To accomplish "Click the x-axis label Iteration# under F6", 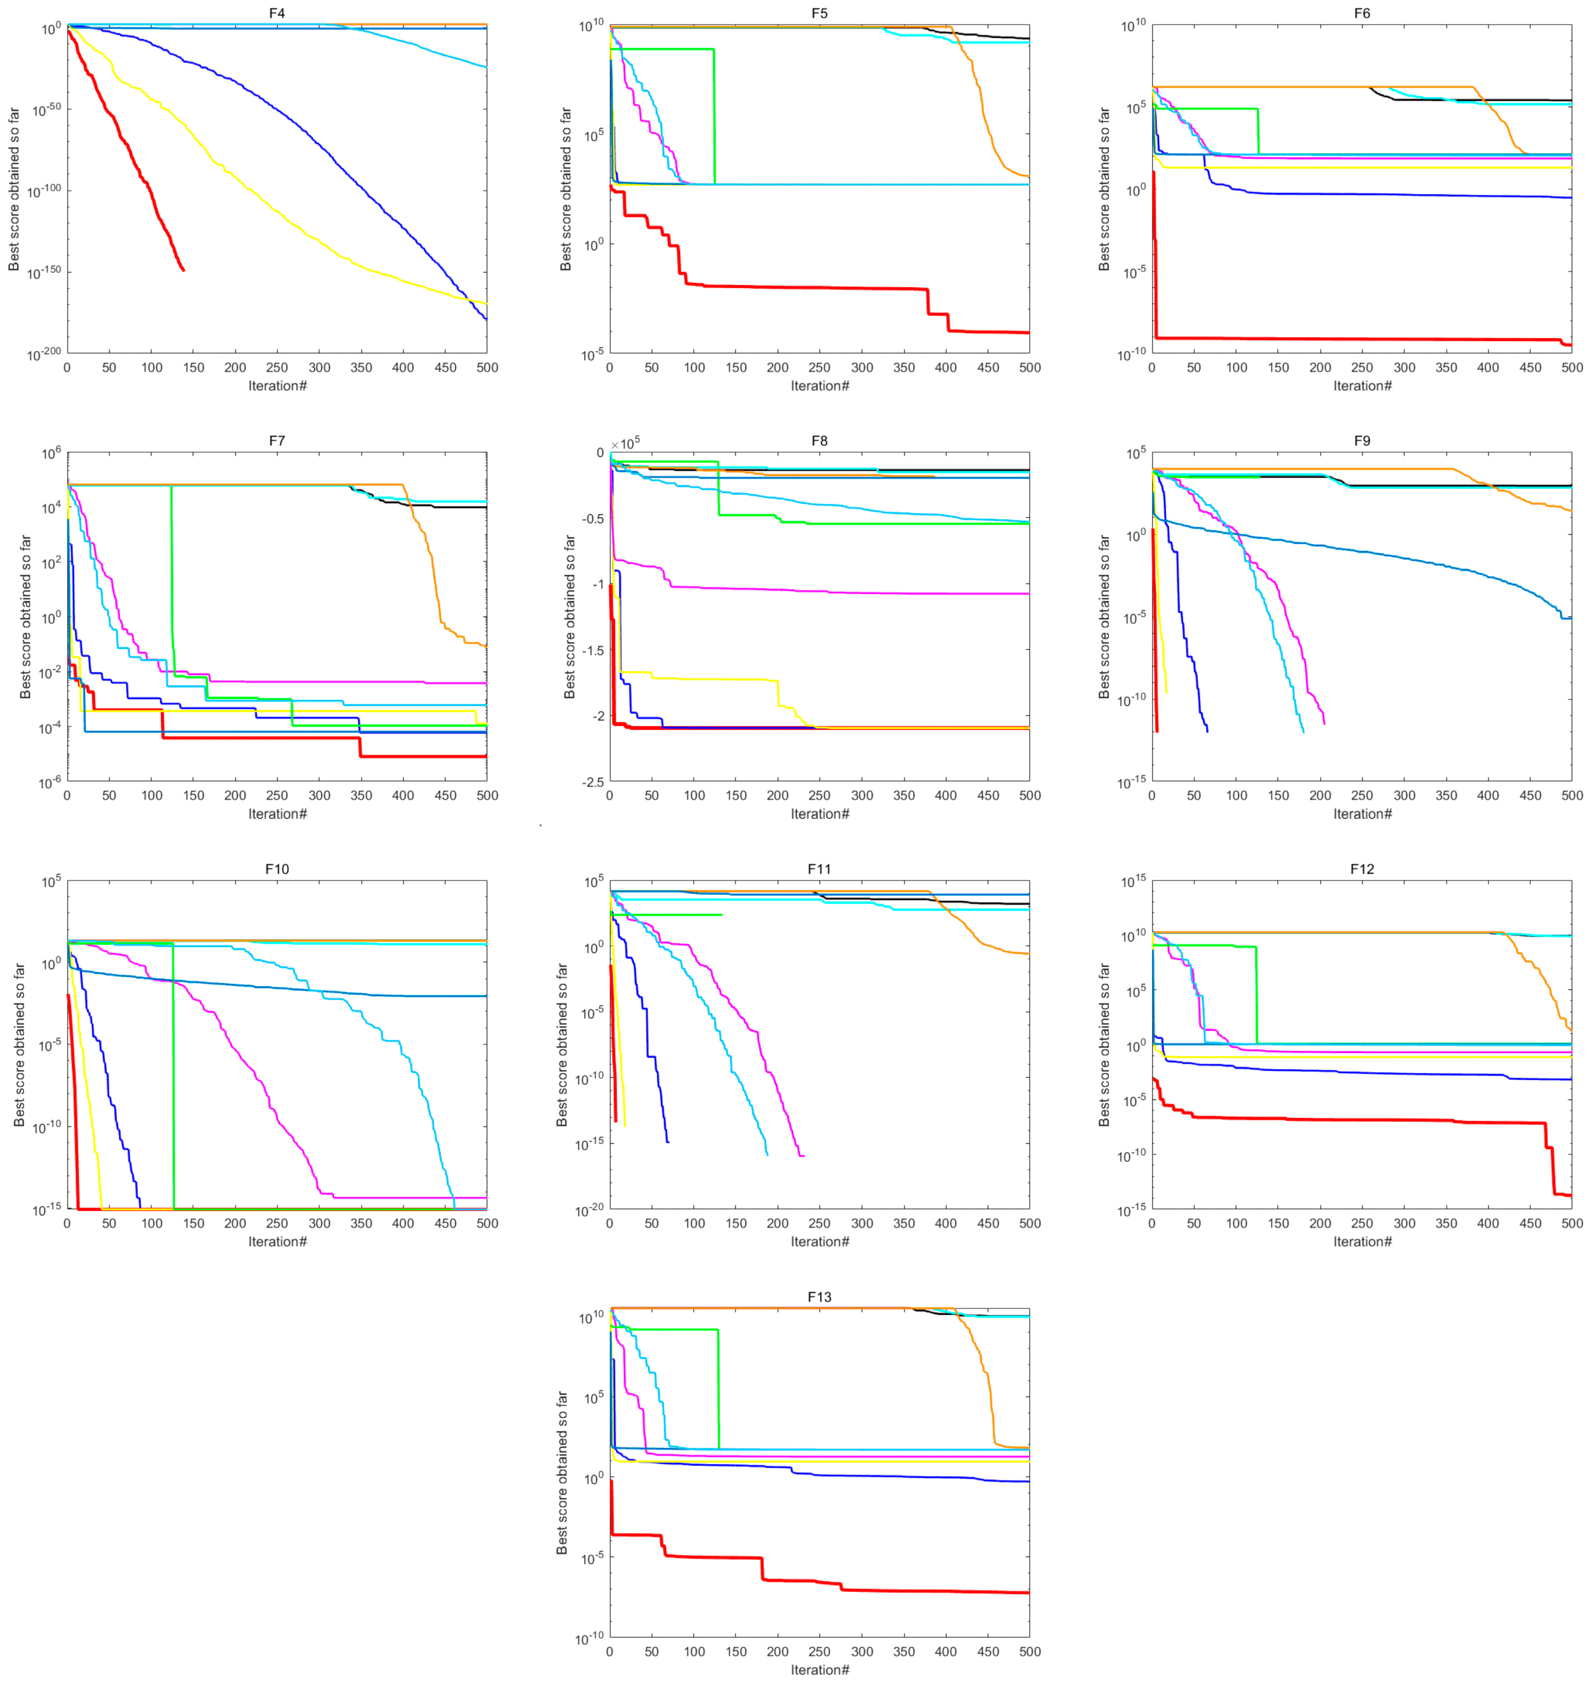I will (x=1362, y=386).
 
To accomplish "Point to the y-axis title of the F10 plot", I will (x=18, y=1045).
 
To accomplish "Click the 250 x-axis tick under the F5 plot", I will (x=819, y=367).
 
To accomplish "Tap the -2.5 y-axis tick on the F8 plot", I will (x=594, y=782).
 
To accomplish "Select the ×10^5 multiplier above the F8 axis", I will (x=626, y=443).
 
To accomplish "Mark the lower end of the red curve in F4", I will (x=183, y=270).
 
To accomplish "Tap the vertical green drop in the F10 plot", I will (x=173, y=1077).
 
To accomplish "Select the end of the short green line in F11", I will (x=722, y=914).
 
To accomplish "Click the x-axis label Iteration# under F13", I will (x=819, y=1670).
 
